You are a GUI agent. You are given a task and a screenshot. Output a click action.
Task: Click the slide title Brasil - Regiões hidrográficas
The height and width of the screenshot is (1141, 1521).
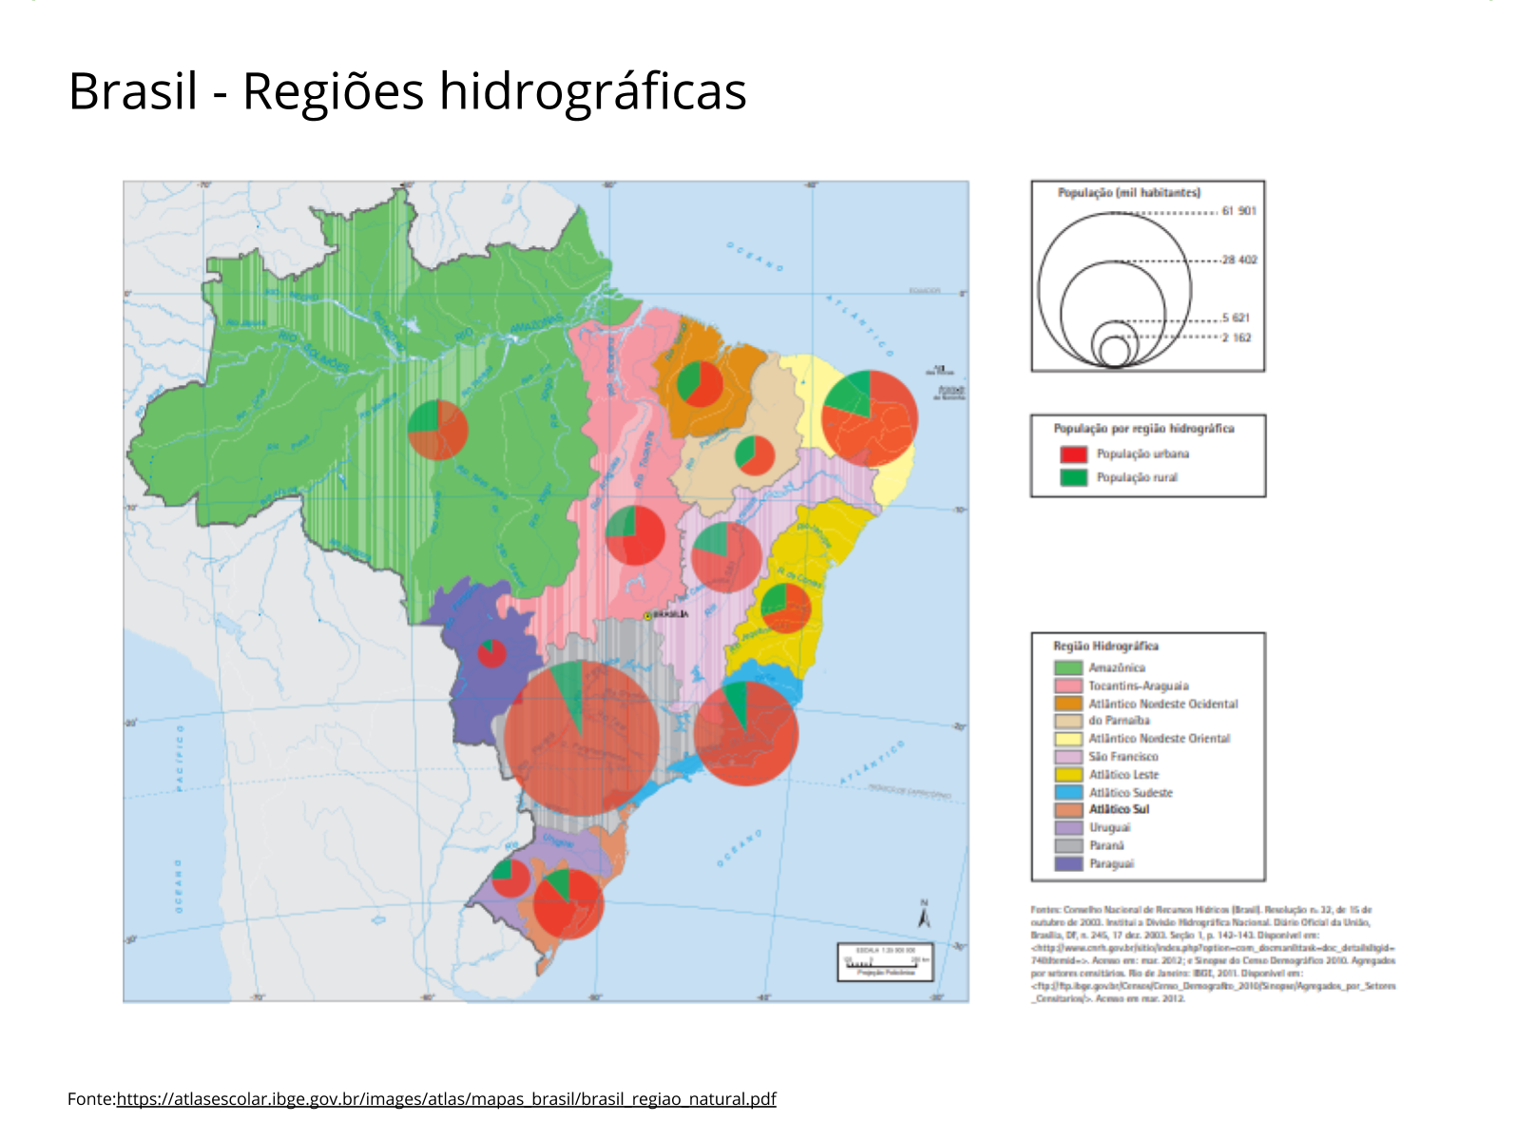point(407,92)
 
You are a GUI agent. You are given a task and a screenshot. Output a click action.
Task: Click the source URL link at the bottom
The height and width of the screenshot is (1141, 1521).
point(446,1099)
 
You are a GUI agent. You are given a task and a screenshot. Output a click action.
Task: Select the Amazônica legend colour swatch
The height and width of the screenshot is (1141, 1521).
point(1069,668)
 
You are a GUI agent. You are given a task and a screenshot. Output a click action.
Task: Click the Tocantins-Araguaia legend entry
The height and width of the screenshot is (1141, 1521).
point(1138,686)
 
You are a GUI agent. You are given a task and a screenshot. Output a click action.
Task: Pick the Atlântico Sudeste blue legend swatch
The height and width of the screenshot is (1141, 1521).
point(1069,792)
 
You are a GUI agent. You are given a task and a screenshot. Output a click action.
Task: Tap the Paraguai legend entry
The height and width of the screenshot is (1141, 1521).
point(1110,863)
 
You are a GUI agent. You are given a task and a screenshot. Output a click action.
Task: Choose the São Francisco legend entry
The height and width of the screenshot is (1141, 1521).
point(1123,757)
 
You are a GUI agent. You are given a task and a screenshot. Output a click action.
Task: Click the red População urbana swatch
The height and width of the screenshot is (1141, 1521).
point(1073,454)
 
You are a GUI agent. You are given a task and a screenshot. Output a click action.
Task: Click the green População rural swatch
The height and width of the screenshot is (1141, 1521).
point(1073,477)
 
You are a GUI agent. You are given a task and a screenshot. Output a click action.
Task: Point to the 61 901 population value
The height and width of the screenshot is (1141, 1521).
point(1239,211)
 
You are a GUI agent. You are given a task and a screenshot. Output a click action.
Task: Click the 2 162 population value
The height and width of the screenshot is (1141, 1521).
point(1236,338)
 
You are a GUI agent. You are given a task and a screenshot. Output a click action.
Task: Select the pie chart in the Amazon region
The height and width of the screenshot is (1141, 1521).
point(437,430)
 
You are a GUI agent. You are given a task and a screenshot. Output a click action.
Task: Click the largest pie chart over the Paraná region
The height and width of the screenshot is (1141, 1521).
point(581,738)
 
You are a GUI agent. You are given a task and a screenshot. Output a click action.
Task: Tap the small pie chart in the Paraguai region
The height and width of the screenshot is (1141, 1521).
point(491,653)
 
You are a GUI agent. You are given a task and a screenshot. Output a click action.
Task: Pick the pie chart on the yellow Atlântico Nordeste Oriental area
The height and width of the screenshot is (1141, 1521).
point(869,418)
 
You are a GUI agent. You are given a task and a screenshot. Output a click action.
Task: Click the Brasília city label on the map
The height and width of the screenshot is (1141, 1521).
point(669,614)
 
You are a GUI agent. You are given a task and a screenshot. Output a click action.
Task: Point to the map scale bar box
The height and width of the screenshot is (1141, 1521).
point(885,961)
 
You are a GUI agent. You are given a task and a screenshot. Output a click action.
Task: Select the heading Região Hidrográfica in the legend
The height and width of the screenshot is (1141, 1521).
point(1106,647)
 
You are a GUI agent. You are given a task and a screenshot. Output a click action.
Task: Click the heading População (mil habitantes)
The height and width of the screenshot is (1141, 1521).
point(1128,193)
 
